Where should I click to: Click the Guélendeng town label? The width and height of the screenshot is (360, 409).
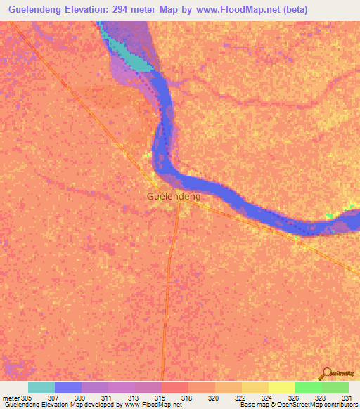174,197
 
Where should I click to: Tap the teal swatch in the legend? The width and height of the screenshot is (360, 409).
41,387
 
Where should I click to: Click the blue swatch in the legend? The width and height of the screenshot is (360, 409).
68,387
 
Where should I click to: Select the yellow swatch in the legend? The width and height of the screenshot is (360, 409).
281,387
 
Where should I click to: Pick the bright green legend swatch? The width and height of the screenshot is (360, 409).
308,387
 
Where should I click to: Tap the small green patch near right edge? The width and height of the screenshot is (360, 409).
330,215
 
